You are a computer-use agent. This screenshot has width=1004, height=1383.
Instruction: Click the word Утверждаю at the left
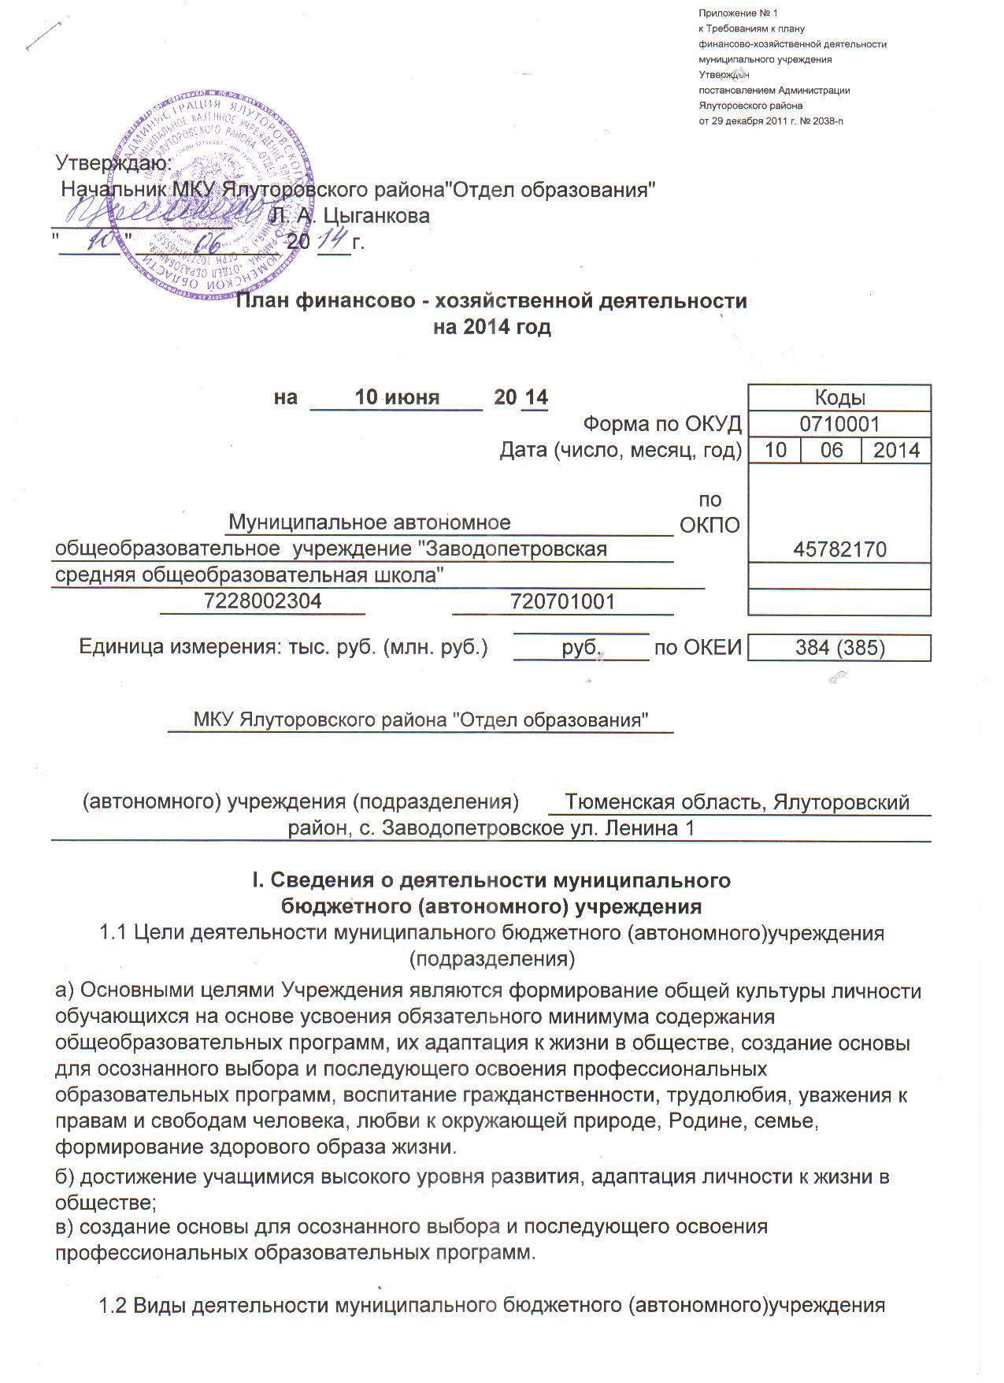pos(113,163)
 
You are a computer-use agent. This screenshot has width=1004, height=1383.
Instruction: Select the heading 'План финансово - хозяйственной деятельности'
pos(492,301)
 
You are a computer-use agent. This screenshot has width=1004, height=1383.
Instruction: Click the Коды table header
pos(839,398)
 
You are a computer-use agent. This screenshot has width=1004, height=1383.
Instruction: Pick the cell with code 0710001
pos(839,424)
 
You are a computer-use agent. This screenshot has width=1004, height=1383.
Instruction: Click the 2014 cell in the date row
pos(896,450)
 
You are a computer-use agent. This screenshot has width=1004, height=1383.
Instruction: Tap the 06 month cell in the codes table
pos(832,450)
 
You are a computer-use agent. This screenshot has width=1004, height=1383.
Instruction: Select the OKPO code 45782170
pos(839,549)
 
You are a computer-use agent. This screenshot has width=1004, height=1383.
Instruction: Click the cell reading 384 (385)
pos(839,648)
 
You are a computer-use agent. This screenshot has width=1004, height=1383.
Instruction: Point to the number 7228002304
pos(262,602)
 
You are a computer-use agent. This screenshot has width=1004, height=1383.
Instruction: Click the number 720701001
pos(562,602)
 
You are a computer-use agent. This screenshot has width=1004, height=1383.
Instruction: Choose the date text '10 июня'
pos(397,397)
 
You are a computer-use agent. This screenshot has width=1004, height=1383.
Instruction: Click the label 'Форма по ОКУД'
pos(662,424)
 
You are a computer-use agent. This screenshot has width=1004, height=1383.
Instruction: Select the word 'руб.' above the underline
pos(582,648)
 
